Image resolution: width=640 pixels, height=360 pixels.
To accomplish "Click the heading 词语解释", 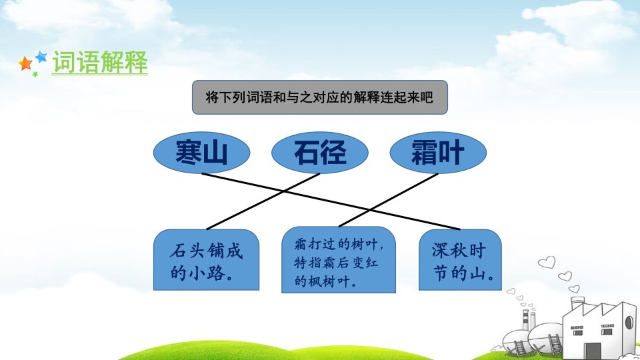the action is (x=100, y=62).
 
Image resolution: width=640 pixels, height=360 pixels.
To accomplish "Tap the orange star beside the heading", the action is (x=25, y=64).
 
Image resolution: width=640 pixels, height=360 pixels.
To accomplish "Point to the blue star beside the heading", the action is (x=41, y=56).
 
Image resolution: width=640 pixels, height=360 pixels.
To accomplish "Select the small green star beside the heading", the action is (x=35, y=74).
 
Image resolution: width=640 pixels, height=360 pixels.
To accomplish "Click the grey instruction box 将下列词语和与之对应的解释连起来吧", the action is (x=320, y=97).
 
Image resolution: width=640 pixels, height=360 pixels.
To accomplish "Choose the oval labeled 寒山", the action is (x=201, y=152).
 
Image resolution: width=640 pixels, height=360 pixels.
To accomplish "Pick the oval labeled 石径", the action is (x=320, y=152).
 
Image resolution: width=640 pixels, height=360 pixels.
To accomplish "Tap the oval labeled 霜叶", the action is (x=438, y=152).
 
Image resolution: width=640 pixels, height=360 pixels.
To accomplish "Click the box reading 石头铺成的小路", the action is (x=206, y=260).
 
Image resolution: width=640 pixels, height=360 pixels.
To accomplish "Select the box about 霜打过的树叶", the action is (x=339, y=260).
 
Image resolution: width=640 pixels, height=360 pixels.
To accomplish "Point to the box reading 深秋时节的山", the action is (x=460, y=260).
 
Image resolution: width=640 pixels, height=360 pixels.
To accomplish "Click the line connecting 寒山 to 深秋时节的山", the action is (x=331, y=201).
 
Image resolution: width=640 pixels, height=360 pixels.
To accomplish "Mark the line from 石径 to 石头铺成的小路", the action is (x=263, y=201).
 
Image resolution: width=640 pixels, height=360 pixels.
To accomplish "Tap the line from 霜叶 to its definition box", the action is (x=389, y=199).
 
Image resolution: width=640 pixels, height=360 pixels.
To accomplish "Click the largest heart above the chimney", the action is (x=547, y=262).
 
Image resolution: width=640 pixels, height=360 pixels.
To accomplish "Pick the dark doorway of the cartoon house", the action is (x=592, y=351).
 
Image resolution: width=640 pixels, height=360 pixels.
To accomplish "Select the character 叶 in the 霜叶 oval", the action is (x=451, y=152).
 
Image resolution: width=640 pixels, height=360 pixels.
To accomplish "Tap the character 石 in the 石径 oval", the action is (x=307, y=152).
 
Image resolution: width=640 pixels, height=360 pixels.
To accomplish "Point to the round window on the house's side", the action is (x=629, y=322).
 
